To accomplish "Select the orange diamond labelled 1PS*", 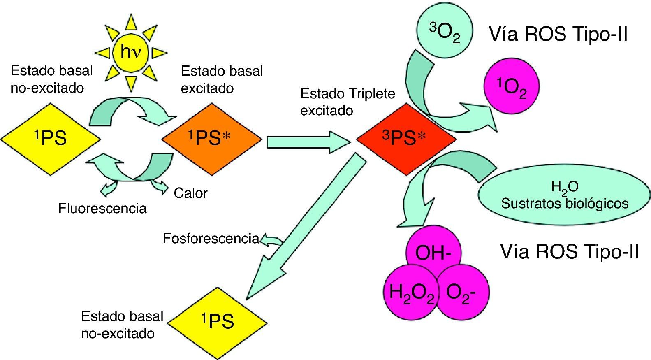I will [211, 139].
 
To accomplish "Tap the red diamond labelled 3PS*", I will [405, 139].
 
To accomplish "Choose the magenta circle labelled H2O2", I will [410, 293].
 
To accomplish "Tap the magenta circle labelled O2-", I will [462, 293].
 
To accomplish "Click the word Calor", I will [190, 193].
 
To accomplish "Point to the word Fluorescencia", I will [102, 208].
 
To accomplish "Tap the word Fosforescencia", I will [211, 238].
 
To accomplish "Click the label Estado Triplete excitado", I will [348, 102].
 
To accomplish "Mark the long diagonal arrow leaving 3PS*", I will [304, 226].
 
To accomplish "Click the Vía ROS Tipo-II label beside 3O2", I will [558, 34].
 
